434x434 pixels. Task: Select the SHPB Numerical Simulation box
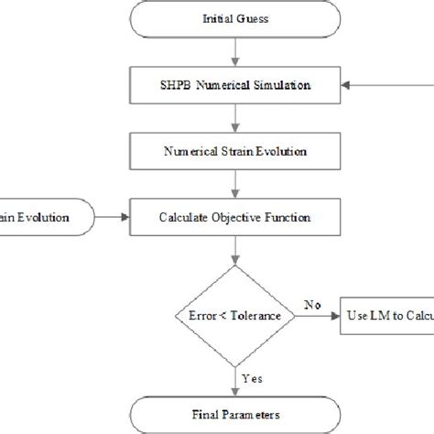[x=237, y=85]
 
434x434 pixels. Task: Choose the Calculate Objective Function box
[x=237, y=218]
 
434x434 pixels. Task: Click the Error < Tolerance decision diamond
[x=237, y=315]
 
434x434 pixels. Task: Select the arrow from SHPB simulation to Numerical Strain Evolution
[x=237, y=117]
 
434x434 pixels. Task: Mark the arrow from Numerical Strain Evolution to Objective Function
[x=237, y=184]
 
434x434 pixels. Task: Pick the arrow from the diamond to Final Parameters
[x=237, y=377]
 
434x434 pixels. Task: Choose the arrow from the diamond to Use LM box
[x=317, y=316]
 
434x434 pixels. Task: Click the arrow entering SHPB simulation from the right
[x=380, y=85]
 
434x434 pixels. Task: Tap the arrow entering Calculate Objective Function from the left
[x=114, y=218]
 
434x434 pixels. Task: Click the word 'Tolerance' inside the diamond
[x=255, y=316]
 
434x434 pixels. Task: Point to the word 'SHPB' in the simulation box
[x=177, y=85]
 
